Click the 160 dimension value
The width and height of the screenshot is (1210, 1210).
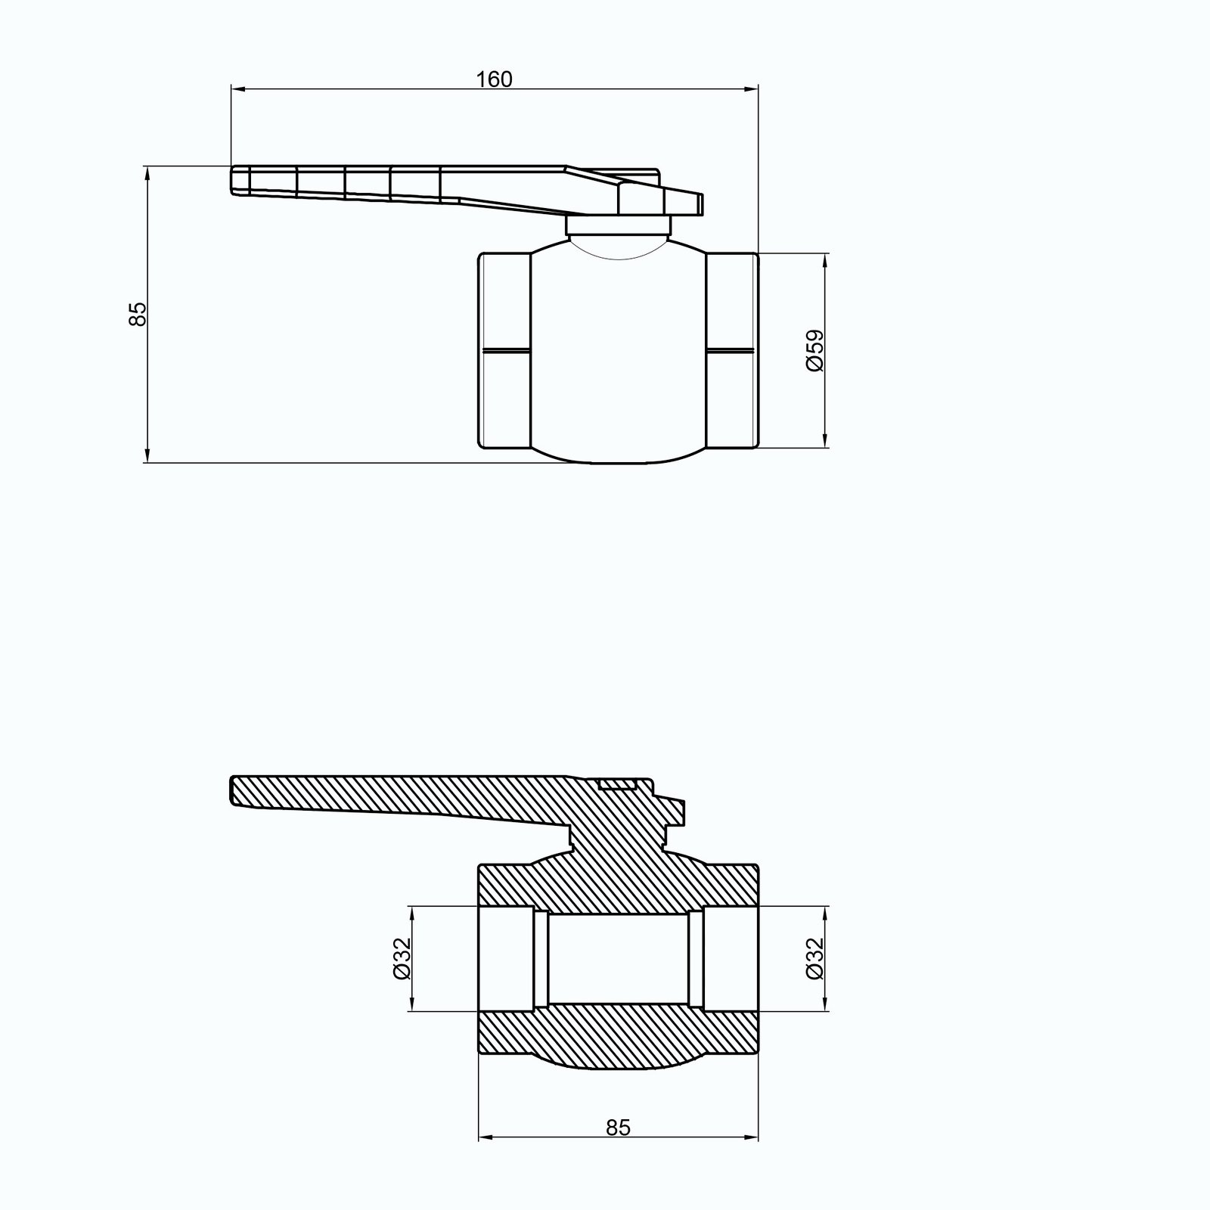(x=495, y=79)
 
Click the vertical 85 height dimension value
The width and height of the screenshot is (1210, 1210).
(x=137, y=314)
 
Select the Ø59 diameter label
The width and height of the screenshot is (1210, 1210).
(x=814, y=350)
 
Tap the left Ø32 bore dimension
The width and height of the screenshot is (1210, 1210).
(x=402, y=958)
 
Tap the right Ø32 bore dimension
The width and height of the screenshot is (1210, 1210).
(x=814, y=958)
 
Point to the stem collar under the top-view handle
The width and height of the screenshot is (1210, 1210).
(x=619, y=225)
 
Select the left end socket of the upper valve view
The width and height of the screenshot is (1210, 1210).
(x=505, y=351)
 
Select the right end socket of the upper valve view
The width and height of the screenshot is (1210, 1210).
(x=732, y=351)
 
